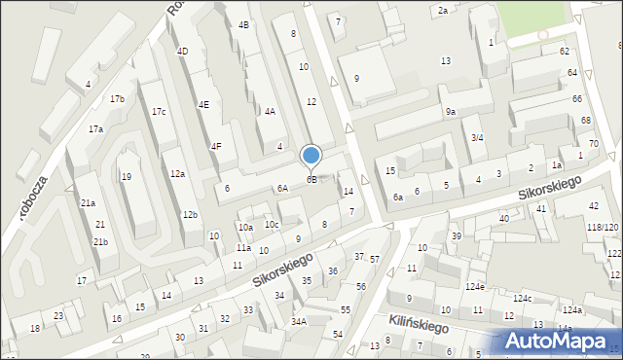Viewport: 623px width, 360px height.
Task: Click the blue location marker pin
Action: coord(311,156)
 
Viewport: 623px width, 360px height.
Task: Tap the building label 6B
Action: coord(311,179)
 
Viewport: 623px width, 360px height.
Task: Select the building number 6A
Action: coord(282,189)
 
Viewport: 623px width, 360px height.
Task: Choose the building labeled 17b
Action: coord(117,99)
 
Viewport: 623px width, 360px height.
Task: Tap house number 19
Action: coord(127,177)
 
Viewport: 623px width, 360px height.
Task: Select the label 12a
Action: coord(176,173)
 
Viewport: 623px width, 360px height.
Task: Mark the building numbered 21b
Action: coord(100,241)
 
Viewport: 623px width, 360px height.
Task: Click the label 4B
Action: coord(243,24)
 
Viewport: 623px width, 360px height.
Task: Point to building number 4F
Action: coord(216,146)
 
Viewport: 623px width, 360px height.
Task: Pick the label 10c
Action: coord(272,225)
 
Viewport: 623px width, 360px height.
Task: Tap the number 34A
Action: coord(299,321)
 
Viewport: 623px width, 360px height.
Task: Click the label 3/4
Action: coord(477,138)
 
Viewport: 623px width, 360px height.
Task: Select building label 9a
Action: coord(451,112)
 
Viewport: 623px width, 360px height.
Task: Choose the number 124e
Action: coord(474,287)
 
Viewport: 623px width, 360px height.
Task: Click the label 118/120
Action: coord(603,227)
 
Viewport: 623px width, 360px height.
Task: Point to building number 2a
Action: coord(442,10)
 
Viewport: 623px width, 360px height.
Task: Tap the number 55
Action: coord(345,309)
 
